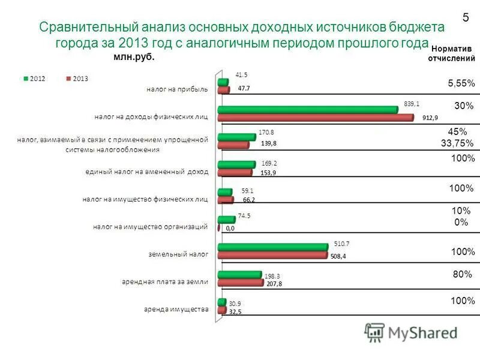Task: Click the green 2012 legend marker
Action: pyautogui.click(x=26, y=79)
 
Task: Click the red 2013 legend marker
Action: pyautogui.click(x=68, y=79)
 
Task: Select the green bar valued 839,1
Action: pyautogui.click(x=307, y=109)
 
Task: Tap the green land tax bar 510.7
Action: pyautogui.click(x=272, y=247)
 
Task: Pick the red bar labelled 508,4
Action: pyautogui.click(x=272, y=255)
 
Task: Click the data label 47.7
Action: pyautogui.click(x=244, y=88)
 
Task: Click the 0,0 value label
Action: pyautogui.click(x=230, y=229)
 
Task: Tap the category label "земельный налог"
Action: pyautogui.click(x=178, y=254)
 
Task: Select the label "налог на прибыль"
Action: pyautogui.click(x=178, y=90)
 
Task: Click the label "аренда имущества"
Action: pyautogui.click(x=176, y=310)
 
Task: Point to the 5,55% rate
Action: pyautogui.click(x=461, y=83)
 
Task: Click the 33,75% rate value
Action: pyautogui.click(x=457, y=143)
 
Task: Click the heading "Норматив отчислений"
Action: pyautogui.click(x=451, y=53)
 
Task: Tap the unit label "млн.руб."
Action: pyautogui.click(x=133, y=56)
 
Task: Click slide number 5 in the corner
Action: pyautogui.click(x=465, y=19)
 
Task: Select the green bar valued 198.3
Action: pyautogui.click(x=239, y=275)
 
